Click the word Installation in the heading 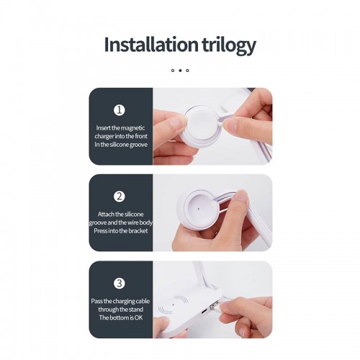pyautogui.click(x=151, y=45)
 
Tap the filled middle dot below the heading pyautogui.click(x=180, y=71)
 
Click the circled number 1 pyautogui.click(x=120, y=110)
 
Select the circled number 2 pyautogui.click(x=120, y=197)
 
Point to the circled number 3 pyautogui.click(x=120, y=283)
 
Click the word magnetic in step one pyautogui.click(x=133, y=128)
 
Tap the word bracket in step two pyautogui.click(x=138, y=231)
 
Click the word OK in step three pyautogui.click(x=138, y=318)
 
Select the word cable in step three pyautogui.click(x=143, y=301)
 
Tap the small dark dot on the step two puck pyautogui.click(x=198, y=209)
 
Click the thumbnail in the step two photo pyautogui.click(x=240, y=197)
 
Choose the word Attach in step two pyautogui.click(x=106, y=214)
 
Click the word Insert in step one pyautogui.click(x=104, y=128)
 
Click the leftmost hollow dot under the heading pyautogui.click(x=173, y=71)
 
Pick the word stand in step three pyautogui.click(x=136, y=310)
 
